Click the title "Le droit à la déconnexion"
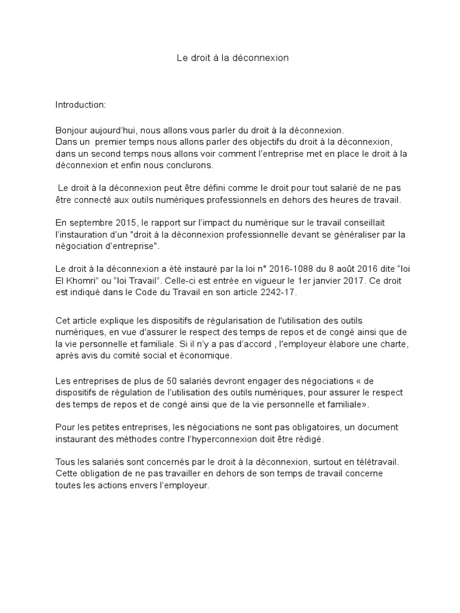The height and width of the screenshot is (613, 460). (x=233, y=58)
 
